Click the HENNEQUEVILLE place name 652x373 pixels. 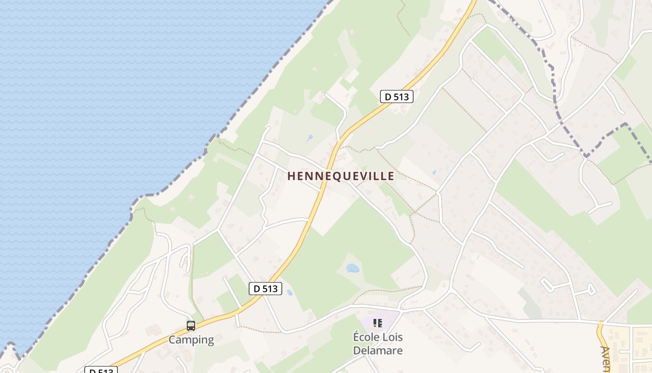(340, 176)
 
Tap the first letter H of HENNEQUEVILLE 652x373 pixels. (291, 176)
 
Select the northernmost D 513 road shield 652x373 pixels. (397, 97)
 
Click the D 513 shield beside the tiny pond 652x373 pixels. (265, 289)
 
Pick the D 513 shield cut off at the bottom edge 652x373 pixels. (101, 370)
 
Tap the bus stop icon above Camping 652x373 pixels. (190, 326)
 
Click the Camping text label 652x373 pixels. (191, 340)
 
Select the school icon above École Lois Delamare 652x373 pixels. (377, 323)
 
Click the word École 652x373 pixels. (368, 337)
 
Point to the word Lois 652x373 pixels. (394, 337)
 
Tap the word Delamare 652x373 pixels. (378, 350)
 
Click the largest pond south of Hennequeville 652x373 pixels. (353, 268)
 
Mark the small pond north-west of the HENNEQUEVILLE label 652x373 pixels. (310, 138)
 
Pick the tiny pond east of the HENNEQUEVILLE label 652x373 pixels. (435, 172)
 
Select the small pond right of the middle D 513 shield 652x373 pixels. (290, 293)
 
